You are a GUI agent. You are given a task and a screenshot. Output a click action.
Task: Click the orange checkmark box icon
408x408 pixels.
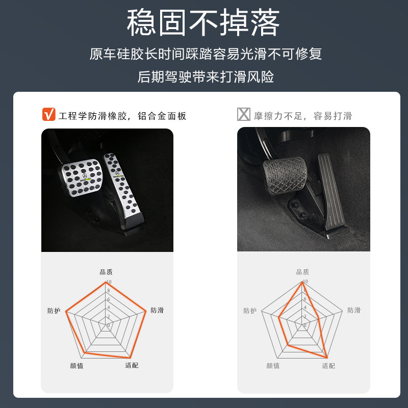(48, 115)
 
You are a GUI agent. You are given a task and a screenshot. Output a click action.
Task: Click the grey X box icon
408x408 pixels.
(244, 115)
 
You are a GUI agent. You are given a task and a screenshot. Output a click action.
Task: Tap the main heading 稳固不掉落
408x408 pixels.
(203, 23)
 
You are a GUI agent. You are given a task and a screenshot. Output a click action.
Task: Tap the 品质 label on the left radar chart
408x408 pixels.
(106, 272)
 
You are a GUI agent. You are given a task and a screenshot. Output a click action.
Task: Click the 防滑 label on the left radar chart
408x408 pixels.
(157, 310)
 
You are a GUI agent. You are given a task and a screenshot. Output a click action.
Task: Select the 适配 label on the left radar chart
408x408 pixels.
(132, 365)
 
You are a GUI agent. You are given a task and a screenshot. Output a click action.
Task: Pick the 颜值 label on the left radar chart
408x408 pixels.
(77, 366)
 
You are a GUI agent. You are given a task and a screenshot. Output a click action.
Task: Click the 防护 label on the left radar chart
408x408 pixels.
(54, 311)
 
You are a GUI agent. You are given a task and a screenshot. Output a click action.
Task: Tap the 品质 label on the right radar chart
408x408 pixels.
(302, 272)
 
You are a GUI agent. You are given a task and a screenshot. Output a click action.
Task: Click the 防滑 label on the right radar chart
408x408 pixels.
(354, 310)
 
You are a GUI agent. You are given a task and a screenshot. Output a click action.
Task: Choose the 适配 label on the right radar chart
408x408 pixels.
(328, 366)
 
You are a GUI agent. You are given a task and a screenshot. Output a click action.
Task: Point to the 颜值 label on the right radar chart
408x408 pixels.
(273, 366)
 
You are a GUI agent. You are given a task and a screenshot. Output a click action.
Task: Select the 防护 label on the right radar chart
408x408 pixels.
(250, 311)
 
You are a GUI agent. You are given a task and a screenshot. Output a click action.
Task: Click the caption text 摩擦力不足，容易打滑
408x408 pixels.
(303, 116)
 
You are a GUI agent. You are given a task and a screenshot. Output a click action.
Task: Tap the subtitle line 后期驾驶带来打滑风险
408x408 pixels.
(206, 77)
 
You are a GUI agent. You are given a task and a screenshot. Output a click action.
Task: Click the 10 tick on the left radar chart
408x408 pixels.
(108, 283)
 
